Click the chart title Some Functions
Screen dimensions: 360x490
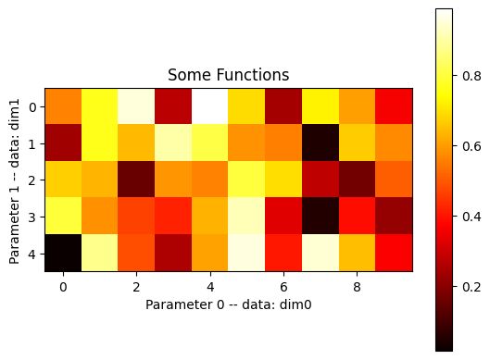pos(229,76)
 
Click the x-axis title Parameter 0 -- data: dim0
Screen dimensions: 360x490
pos(229,303)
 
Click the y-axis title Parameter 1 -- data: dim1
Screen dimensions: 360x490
pos(14,180)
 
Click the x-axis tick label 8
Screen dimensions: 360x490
pos(357,288)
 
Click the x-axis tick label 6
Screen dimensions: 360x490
pos(283,288)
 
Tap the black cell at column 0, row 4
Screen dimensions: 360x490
pos(63,253)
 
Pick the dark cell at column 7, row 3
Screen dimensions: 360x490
pos(320,217)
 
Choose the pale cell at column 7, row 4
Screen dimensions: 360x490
pos(320,253)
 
